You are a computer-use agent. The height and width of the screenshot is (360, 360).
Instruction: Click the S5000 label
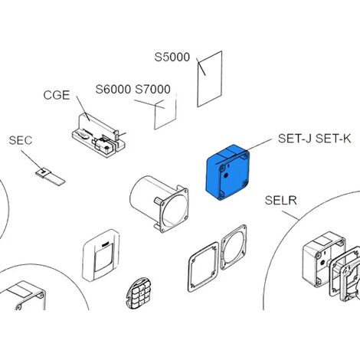click(x=172, y=57)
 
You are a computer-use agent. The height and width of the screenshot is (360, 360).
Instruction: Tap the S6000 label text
click(x=113, y=90)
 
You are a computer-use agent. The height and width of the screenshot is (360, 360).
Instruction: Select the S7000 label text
click(x=152, y=90)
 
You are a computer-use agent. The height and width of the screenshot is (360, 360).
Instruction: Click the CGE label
click(x=57, y=95)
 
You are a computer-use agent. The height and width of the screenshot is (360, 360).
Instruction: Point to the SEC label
click(x=21, y=140)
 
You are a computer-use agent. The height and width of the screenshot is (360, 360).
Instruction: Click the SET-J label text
click(x=295, y=139)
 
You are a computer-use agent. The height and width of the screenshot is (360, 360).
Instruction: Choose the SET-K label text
click(x=333, y=139)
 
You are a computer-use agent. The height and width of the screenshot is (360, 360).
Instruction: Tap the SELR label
click(x=281, y=201)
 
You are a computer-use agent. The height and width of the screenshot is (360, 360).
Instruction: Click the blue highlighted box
click(x=227, y=172)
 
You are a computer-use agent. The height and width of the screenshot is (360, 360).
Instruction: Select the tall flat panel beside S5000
click(x=210, y=79)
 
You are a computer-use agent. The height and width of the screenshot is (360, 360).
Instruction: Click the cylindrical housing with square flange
click(x=159, y=204)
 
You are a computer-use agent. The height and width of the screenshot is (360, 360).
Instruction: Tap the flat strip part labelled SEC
click(x=50, y=176)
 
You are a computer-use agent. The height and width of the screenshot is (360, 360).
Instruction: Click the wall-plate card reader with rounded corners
click(x=101, y=255)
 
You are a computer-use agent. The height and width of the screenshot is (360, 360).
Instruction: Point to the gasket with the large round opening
click(x=234, y=247)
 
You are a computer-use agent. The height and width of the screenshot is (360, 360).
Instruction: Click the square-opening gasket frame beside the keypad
click(x=204, y=267)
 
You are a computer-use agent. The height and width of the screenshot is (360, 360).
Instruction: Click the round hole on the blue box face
click(x=226, y=175)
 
